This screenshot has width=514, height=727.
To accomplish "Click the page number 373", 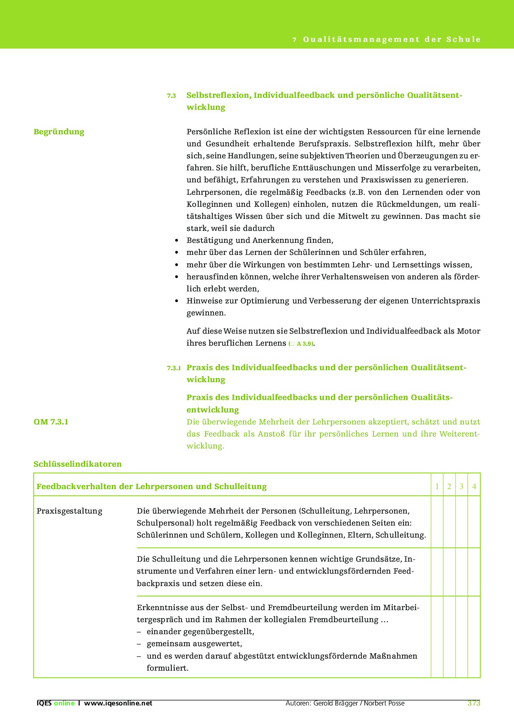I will tap(473, 703).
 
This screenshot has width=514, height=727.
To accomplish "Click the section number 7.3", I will tap(171, 96).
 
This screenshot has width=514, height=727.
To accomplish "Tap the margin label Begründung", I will tap(59, 132).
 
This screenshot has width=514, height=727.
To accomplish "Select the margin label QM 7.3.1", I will tap(51, 422).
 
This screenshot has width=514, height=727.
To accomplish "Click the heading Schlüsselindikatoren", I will tap(78, 464).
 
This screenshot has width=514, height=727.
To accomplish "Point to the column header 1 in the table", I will tap(437, 486).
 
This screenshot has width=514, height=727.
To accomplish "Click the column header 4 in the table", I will tap(474, 486).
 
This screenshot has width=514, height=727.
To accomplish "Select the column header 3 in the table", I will tap(461, 486).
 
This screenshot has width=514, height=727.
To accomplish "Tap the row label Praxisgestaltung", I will tap(69, 511).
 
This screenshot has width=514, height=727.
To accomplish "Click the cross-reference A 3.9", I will tap(305, 344).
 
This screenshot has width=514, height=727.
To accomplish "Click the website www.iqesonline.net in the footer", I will tap(118, 703).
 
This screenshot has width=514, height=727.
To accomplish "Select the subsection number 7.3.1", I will tap(174, 368).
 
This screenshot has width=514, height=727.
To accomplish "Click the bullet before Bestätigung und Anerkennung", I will tap(177, 240).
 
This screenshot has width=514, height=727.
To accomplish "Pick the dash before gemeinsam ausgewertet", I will tap(139, 644).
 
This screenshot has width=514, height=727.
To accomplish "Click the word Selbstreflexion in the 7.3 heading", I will tap(218, 95).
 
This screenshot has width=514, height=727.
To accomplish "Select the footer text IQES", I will tap(44, 703).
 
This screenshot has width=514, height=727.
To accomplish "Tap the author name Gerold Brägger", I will tap(337, 703).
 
